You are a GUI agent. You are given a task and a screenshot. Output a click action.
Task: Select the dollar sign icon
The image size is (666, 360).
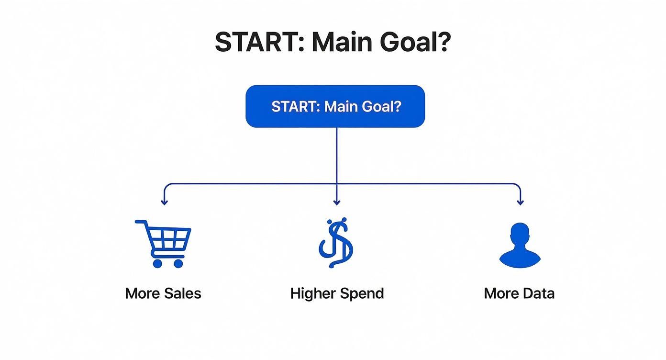336,243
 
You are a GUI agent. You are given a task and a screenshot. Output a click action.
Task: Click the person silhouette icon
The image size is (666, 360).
520,246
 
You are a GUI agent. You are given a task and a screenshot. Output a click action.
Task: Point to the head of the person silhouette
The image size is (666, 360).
520,235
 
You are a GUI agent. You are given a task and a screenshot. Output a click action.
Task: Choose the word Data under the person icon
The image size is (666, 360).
537,293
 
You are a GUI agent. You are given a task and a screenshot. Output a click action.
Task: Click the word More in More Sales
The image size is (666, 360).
142,293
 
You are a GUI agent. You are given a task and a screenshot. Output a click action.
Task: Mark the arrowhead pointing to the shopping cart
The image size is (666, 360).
164,202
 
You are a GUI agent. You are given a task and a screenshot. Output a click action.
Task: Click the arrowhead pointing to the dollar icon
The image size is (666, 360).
336,202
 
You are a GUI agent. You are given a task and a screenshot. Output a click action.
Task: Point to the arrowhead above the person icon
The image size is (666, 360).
520,202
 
